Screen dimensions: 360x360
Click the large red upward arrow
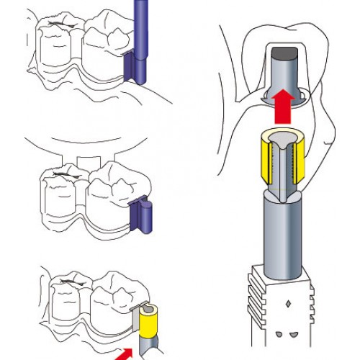286,107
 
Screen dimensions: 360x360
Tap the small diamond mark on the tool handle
288,303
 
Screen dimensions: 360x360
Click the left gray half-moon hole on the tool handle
279,335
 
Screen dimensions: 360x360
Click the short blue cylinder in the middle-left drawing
143,216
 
